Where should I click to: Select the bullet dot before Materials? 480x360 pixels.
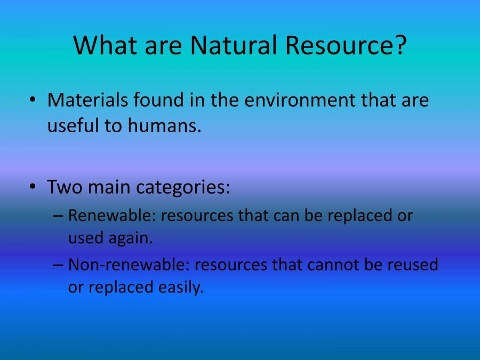pyautogui.click(x=33, y=100)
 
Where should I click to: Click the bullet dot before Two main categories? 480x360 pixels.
pyautogui.click(x=33, y=188)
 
